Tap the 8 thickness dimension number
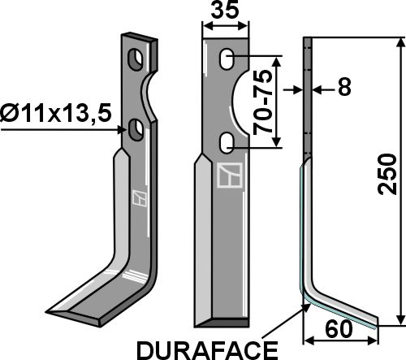[344, 89]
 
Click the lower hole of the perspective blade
[136, 128]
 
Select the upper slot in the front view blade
[229, 58]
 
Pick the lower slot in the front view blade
[229, 144]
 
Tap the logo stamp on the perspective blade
[138, 197]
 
